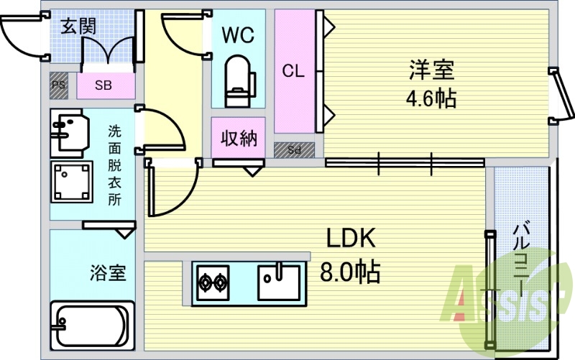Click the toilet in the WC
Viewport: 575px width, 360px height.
tap(239, 81)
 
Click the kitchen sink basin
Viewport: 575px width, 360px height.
tap(279, 282)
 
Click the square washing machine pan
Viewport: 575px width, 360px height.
tap(71, 182)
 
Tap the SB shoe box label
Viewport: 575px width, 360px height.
tap(103, 86)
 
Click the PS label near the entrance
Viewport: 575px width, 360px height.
tap(59, 86)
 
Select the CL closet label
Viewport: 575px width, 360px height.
tap(293, 70)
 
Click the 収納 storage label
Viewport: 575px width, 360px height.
tap(239, 139)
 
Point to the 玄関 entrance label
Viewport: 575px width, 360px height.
tap(78, 26)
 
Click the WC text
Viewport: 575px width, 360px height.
tap(238, 35)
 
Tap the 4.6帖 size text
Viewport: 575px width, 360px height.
tap(431, 98)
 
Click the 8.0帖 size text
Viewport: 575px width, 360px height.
tap(350, 272)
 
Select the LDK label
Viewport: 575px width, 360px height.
tap(351, 238)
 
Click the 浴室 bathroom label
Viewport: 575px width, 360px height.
tap(109, 273)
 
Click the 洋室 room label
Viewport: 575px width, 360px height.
tap(432, 70)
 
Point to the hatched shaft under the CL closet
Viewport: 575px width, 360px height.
tap(294, 150)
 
